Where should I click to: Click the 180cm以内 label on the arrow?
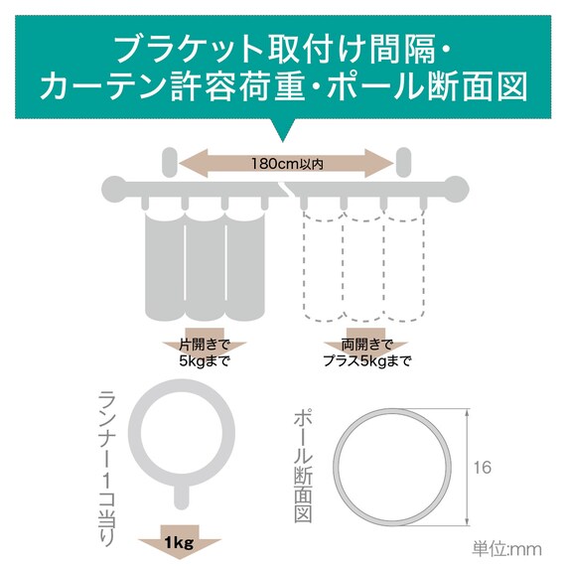coord(287,164)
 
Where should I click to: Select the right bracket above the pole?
coord(403,162)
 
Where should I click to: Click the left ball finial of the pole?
coord(113,189)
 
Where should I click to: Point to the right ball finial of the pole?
coord(458,189)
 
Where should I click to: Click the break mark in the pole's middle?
coord(287,190)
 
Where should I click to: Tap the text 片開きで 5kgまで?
coord(205,354)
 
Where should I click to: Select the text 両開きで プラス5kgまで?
coord(366,354)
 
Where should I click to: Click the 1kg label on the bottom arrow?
coord(179,542)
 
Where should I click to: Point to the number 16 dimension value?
coord(483,468)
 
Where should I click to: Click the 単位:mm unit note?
coord(506,549)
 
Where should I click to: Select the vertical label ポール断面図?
coord(303,467)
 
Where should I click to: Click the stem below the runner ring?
coord(181,495)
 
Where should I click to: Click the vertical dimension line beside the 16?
coord(468,467)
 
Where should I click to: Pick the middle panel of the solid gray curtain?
coord(205,266)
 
